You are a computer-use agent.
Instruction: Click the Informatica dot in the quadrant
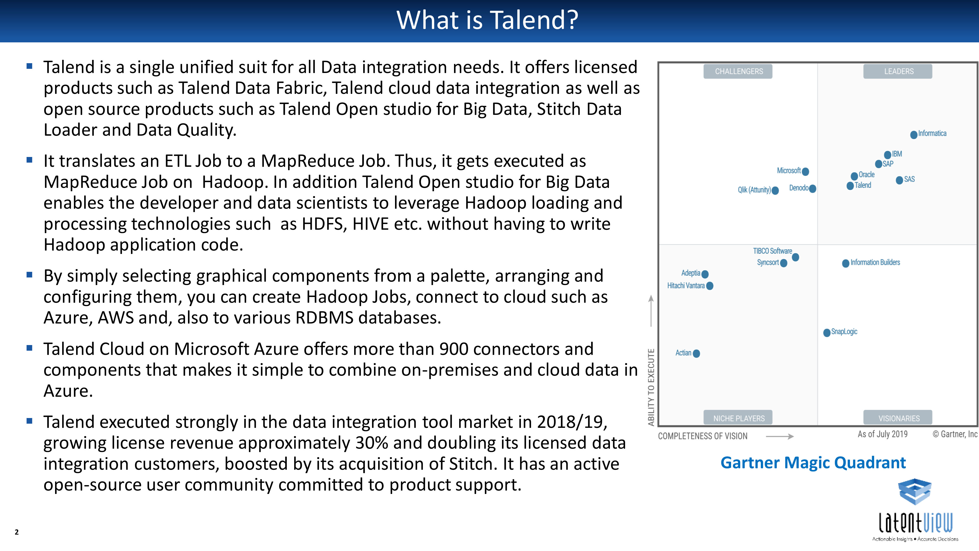click(914, 135)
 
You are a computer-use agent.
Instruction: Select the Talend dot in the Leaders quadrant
click(851, 186)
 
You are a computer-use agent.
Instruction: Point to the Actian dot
click(697, 354)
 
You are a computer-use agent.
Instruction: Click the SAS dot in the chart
click(899, 180)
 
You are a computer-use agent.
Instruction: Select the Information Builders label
click(875, 262)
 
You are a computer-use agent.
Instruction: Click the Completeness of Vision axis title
click(703, 436)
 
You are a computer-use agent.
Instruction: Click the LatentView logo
click(915, 510)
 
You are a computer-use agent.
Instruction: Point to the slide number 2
click(16, 532)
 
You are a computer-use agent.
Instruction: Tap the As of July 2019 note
click(883, 434)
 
